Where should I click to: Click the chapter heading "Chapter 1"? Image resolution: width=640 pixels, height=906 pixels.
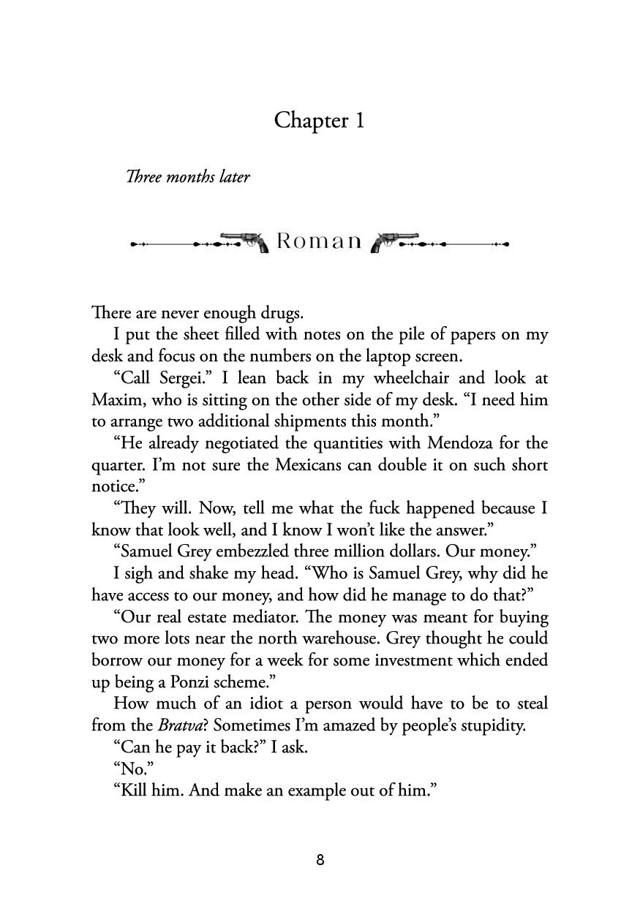(x=319, y=120)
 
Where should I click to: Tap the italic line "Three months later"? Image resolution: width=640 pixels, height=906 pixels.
(x=188, y=177)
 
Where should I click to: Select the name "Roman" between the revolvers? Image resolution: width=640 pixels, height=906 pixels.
(x=319, y=241)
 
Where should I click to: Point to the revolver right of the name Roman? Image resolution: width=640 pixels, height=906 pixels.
(x=394, y=241)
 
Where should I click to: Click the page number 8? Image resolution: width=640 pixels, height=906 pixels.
(x=320, y=860)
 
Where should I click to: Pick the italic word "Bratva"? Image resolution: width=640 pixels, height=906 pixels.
(x=185, y=725)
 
